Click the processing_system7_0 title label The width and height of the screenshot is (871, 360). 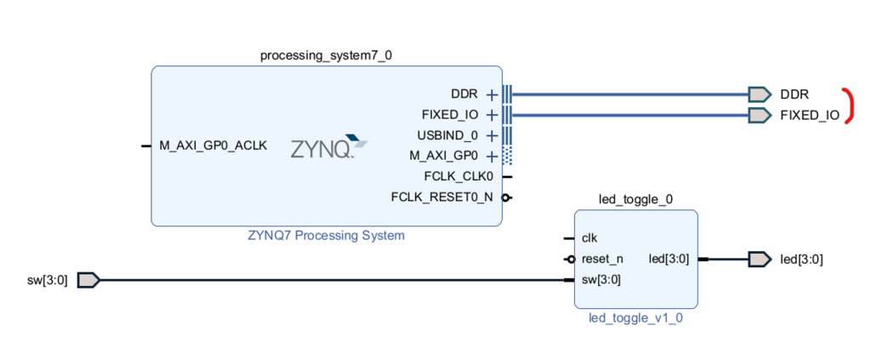click(326, 55)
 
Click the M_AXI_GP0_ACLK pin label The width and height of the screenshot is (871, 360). click(213, 146)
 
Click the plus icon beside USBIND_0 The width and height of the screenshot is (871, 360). click(491, 135)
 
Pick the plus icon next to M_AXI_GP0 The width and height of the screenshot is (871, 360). click(491, 156)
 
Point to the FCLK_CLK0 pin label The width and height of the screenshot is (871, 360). click(458, 177)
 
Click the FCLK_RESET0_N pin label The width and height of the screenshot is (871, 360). click(441, 197)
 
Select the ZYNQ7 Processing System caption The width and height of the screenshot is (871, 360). click(327, 236)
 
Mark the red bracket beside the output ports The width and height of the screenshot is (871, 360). click(849, 106)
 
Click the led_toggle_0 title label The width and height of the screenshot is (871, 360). click(636, 200)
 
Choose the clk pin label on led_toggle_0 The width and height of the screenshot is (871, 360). click(589, 238)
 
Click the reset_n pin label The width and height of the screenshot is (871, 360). click(602, 259)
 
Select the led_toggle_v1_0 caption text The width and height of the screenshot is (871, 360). click(636, 319)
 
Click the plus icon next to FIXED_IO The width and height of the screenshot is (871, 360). click(491, 115)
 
